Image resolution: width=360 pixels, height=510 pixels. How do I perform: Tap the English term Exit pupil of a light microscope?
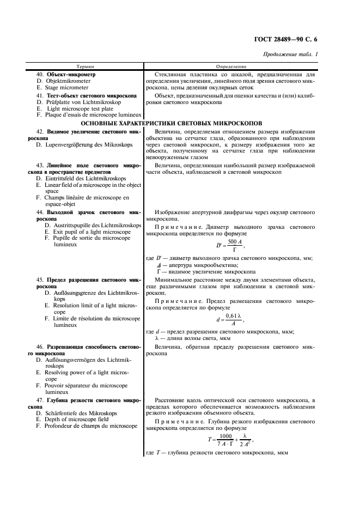click(x=88, y=232)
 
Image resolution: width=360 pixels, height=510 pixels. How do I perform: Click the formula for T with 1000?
click(x=231, y=440)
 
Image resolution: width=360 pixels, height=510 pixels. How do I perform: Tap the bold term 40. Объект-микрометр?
click(x=65, y=74)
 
